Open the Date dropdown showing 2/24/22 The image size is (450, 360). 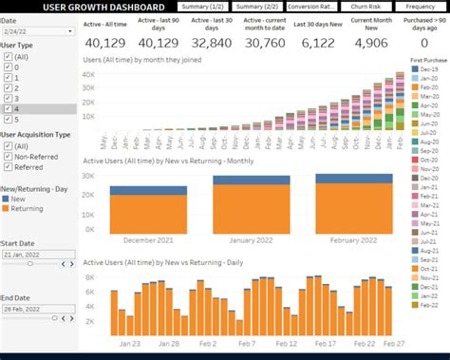point(38,31)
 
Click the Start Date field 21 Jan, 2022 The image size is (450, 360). point(38,255)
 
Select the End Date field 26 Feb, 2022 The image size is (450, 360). point(38,308)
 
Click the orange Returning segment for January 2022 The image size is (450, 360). point(250,209)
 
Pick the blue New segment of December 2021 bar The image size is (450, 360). point(147,190)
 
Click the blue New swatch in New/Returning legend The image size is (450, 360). point(9,198)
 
